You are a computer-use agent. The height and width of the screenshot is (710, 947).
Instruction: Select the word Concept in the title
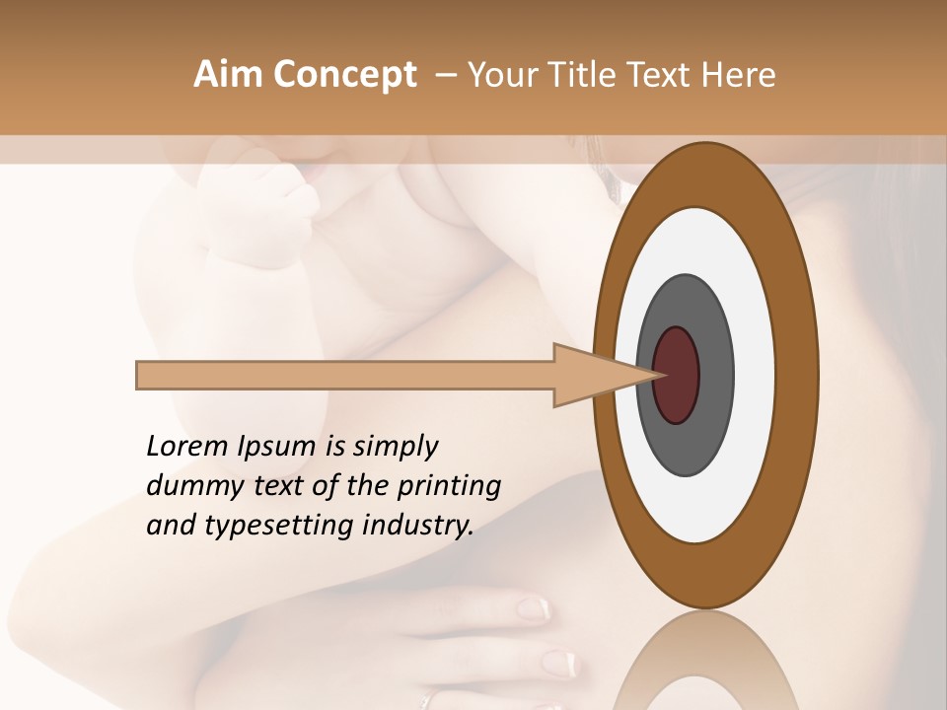(x=345, y=76)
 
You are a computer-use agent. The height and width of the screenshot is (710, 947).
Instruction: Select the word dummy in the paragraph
(x=187, y=486)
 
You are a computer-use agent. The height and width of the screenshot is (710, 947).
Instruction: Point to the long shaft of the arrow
(x=345, y=376)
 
